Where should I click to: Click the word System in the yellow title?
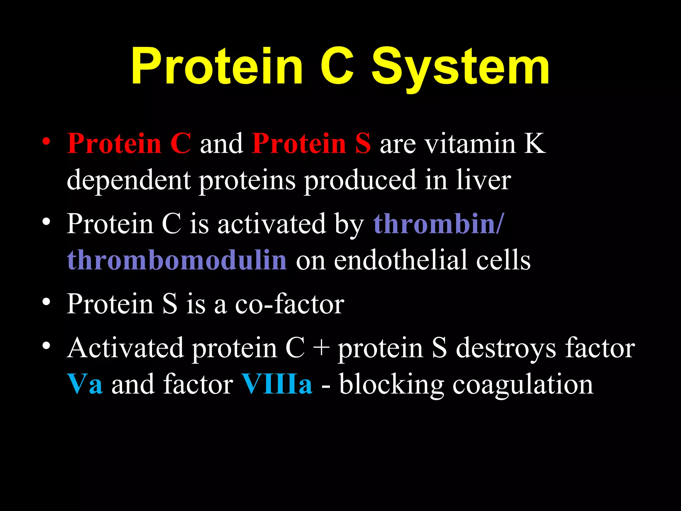(461, 67)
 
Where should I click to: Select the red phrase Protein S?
(311, 144)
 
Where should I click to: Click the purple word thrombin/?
(439, 224)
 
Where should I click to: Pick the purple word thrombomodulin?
(177, 260)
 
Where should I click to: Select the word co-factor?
(290, 304)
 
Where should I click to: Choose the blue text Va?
(84, 385)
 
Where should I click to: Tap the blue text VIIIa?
(277, 385)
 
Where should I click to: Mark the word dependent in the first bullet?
(129, 180)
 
